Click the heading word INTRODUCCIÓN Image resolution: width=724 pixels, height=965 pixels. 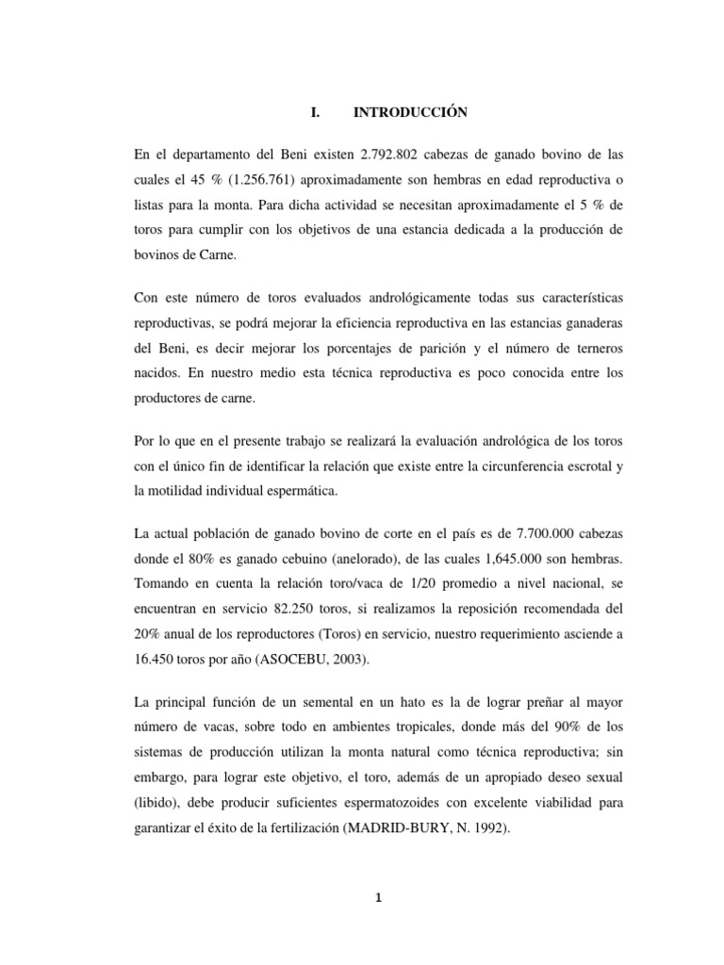pos(410,112)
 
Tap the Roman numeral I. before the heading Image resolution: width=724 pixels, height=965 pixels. pos(315,112)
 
